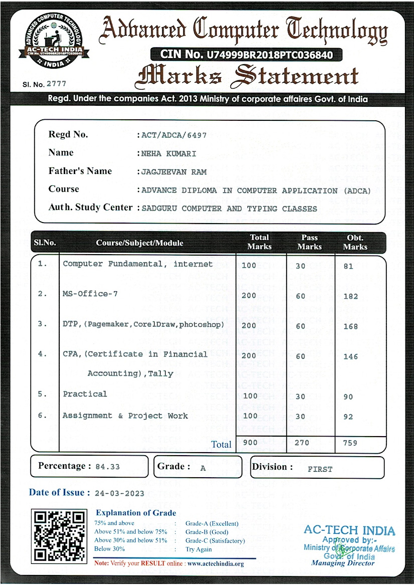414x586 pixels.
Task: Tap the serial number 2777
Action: pyautogui.click(x=56, y=84)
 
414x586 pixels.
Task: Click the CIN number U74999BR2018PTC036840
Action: pyautogui.click(x=266, y=54)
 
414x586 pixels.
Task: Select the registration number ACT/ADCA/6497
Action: pyautogui.click(x=174, y=135)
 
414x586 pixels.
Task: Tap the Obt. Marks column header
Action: pyautogui.click(x=355, y=242)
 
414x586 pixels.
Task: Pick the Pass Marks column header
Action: pyautogui.click(x=309, y=242)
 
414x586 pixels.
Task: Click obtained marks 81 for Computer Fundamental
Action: pyautogui.click(x=348, y=266)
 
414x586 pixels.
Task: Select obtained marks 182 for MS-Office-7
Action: pyautogui.click(x=350, y=296)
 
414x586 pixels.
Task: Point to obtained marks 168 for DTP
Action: pyautogui.click(x=350, y=326)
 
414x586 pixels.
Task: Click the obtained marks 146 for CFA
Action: pyautogui.click(x=350, y=356)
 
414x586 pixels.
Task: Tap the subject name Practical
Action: pyautogui.click(x=85, y=394)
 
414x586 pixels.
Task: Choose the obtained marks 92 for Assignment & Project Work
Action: pyautogui.click(x=348, y=417)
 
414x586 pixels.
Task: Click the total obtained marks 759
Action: pyautogui.click(x=350, y=443)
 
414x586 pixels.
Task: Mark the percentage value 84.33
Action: pyautogui.click(x=107, y=467)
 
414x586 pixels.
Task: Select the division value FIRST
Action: pyautogui.click(x=320, y=469)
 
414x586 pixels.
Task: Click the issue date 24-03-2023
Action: pyautogui.click(x=119, y=493)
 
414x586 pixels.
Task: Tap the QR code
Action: pyautogui.click(x=59, y=535)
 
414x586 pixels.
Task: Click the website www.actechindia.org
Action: pyautogui.click(x=215, y=563)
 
